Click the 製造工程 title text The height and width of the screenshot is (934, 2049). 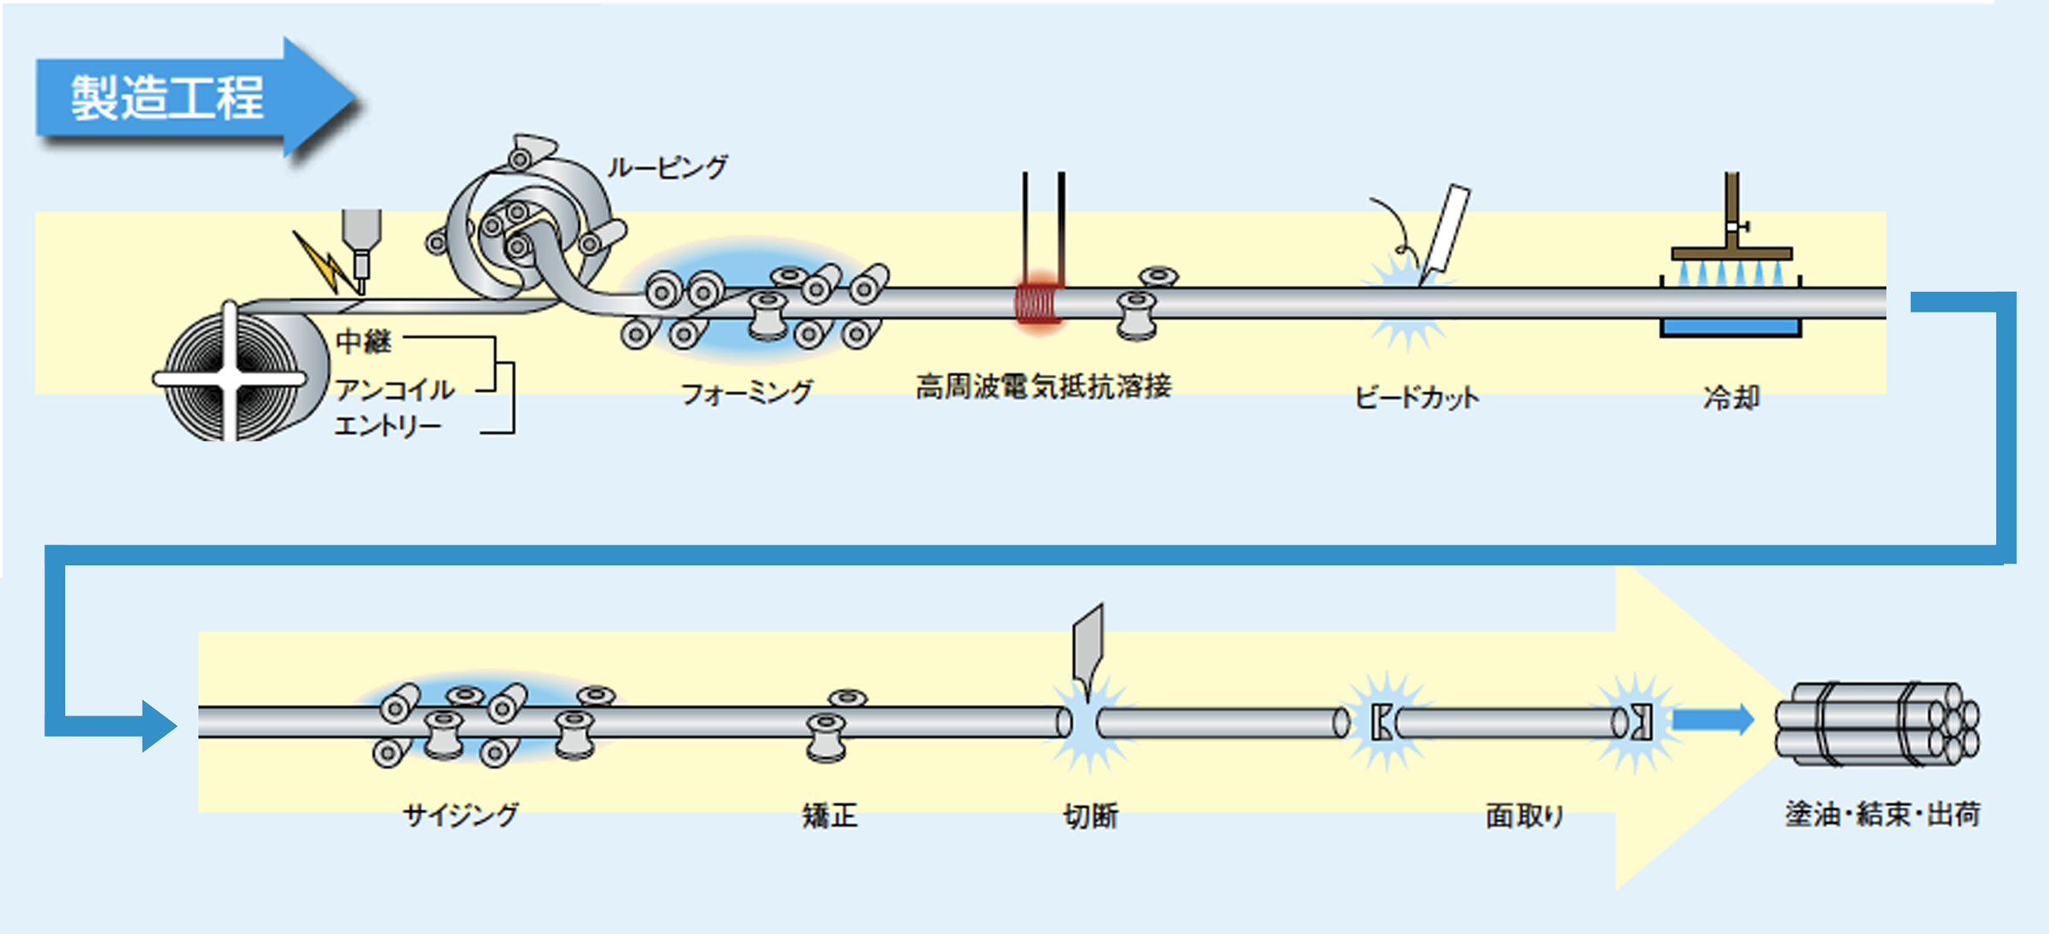pos(167,97)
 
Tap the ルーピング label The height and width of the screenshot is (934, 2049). pos(668,166)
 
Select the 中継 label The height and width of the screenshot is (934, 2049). pos(364,341)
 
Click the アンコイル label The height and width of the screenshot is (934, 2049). pos(394,390)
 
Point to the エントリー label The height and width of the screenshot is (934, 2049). pos(388,425)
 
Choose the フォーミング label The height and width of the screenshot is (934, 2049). pos(746,393)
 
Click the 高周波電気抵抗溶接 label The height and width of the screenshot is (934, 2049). pos(1043,387)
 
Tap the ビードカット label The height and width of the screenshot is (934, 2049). pos(1417,397)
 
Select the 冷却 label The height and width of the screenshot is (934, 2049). pos(1731,397)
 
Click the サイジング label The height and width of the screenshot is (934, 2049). pos(461,815)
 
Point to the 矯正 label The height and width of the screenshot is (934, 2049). pos(830,816)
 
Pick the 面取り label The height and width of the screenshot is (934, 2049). pos(1525,816)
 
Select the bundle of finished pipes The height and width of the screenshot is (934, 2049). pos(1877,724)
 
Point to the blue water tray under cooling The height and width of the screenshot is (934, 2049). pos(1731,328)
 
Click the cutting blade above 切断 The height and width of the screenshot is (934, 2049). pos(1089,645)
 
